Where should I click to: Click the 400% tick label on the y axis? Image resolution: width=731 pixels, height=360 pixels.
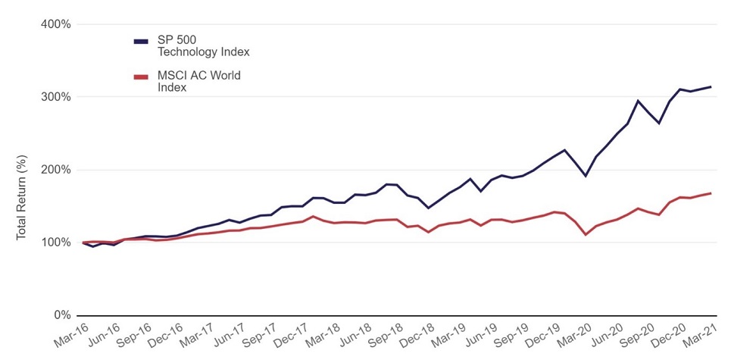click(x=55, y=24)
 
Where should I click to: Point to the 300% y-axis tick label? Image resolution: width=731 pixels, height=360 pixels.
click(x=55, y=97)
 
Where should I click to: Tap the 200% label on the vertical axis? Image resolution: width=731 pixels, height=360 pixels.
click(x=55, y=170)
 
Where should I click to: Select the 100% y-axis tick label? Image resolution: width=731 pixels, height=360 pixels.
click(x=55, y=243)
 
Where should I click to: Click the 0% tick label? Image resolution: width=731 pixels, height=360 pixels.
click(x=61, y=315)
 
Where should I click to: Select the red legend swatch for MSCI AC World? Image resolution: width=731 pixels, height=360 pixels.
click(x=141, y=76)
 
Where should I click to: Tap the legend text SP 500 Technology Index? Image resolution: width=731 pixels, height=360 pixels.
click(x=202, y=46)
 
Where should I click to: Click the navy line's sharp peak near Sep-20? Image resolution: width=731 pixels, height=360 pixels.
click(x=638, y=101)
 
